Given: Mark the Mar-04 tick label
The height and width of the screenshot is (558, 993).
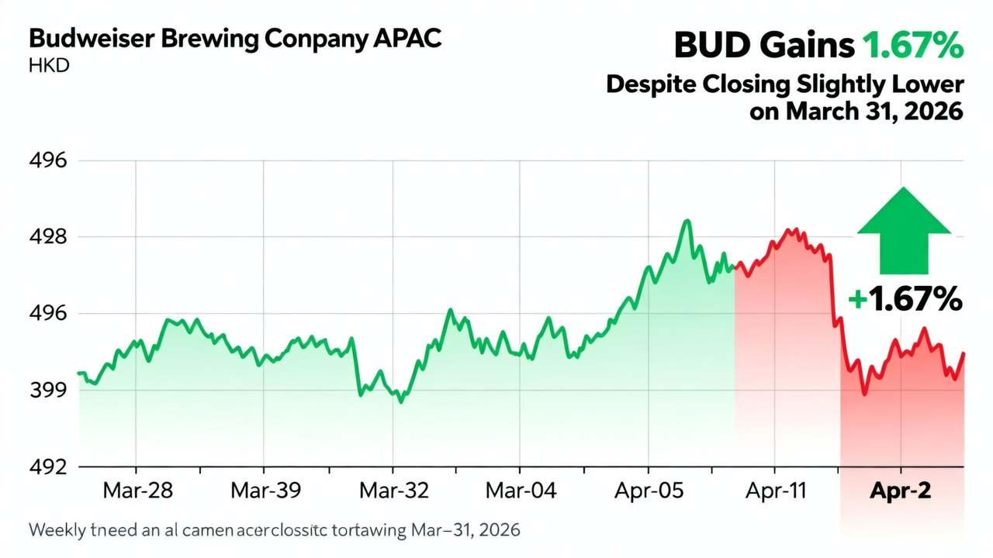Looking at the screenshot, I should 521,491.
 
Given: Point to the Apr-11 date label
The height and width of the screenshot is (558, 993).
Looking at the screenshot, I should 776,491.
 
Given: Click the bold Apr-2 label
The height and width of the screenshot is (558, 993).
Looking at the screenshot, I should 901,491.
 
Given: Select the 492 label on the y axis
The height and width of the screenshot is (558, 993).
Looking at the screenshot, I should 48,467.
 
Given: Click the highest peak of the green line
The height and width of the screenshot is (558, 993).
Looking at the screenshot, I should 687,221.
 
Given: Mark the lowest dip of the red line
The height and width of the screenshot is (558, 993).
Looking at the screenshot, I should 864,394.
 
